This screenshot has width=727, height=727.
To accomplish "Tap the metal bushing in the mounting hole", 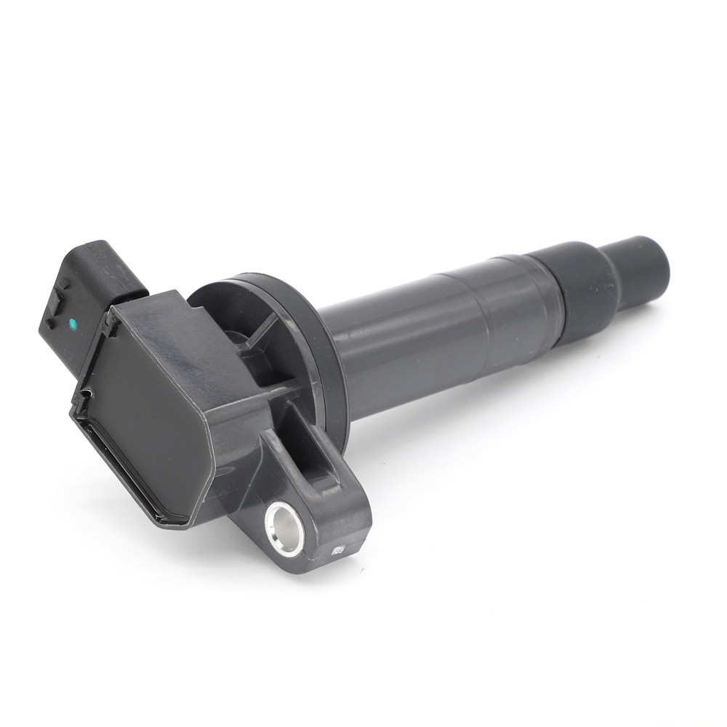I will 284,529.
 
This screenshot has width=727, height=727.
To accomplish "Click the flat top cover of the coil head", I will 153,407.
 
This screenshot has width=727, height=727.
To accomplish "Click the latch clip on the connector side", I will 55,305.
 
